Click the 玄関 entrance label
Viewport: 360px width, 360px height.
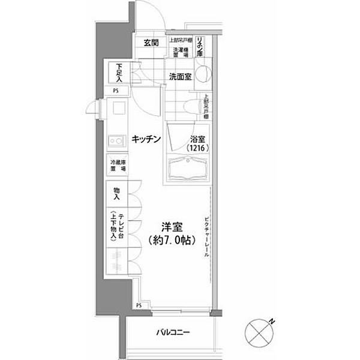click(151, 43)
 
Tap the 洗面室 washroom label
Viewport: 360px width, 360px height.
click(179, 77)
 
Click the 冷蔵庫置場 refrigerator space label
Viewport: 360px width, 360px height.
click(116, 164)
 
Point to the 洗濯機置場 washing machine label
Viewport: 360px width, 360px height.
click(180, 52)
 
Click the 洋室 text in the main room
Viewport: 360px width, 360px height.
click(172, 227)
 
